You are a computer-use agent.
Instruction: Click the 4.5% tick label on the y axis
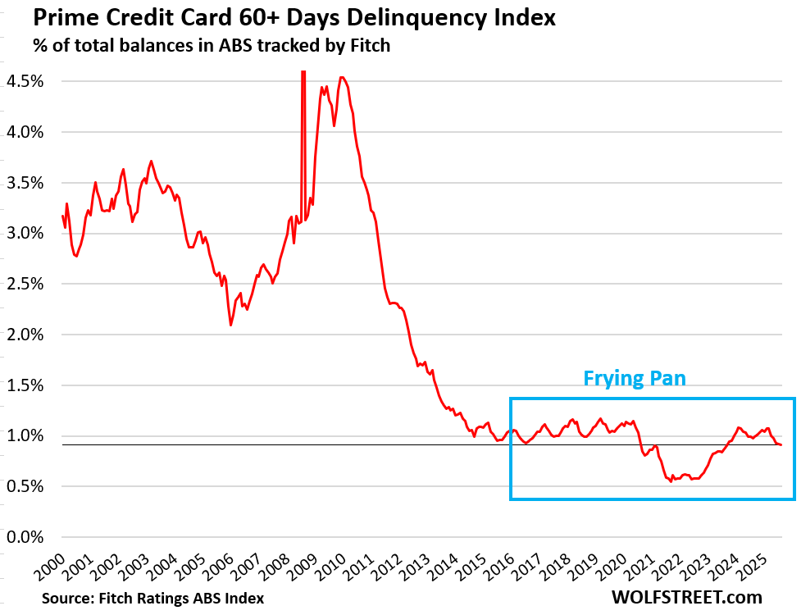[x=25, y=81]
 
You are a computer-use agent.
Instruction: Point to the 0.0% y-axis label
[x=25, y=537]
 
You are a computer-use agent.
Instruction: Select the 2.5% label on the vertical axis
[x=25, y=284]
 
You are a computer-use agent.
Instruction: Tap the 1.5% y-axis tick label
[x=25, y=385]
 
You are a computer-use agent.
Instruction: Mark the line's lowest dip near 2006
[x=230, y=325]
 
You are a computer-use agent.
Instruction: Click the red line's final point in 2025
[x=781, y=444]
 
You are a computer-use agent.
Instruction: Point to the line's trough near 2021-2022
[x=671, y=481]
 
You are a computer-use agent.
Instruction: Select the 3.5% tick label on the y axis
[x=25, y=182]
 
